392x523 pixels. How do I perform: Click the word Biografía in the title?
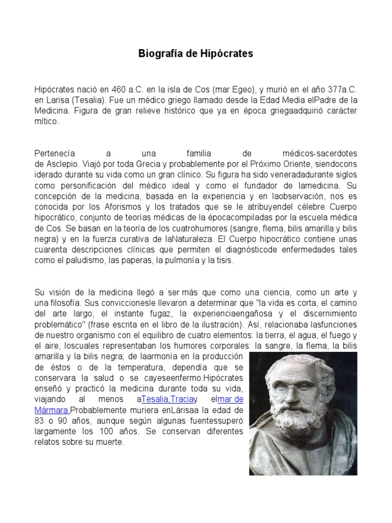tap(157, 53)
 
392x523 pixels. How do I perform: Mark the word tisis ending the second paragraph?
tap(223, 260)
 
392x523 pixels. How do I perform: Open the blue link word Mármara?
tap(51, 410)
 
